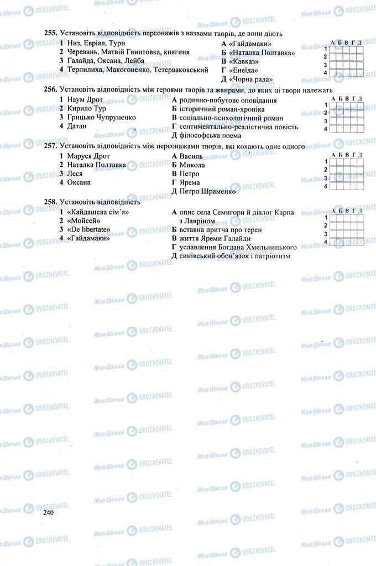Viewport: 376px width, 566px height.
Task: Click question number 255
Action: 51,34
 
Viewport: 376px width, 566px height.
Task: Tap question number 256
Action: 51,90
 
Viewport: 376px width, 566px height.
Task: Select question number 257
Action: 51,146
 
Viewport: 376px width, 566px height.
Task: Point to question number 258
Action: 51,202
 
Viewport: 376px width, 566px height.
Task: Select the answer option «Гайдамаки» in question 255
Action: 249,44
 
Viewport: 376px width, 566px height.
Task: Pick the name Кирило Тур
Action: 83,109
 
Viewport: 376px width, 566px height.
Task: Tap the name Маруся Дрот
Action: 88,156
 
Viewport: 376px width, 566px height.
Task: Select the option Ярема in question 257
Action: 190,182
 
